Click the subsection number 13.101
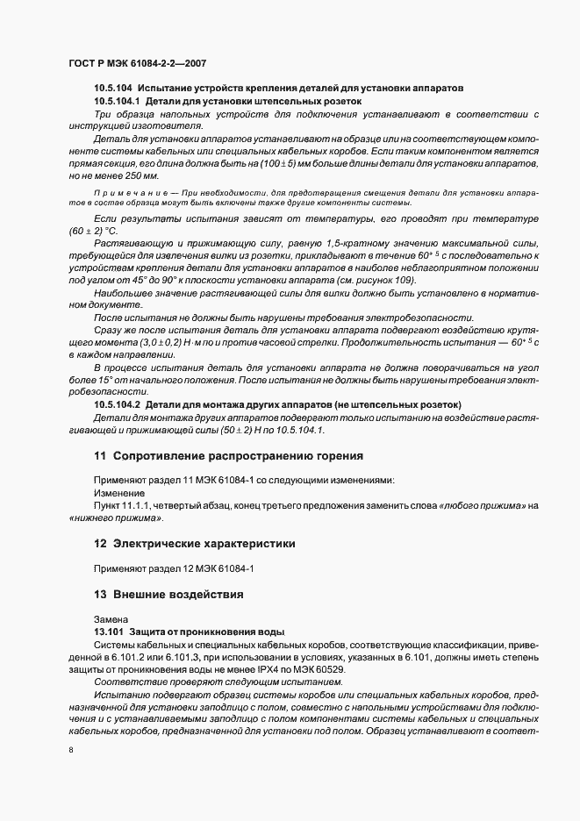point(108,632)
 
